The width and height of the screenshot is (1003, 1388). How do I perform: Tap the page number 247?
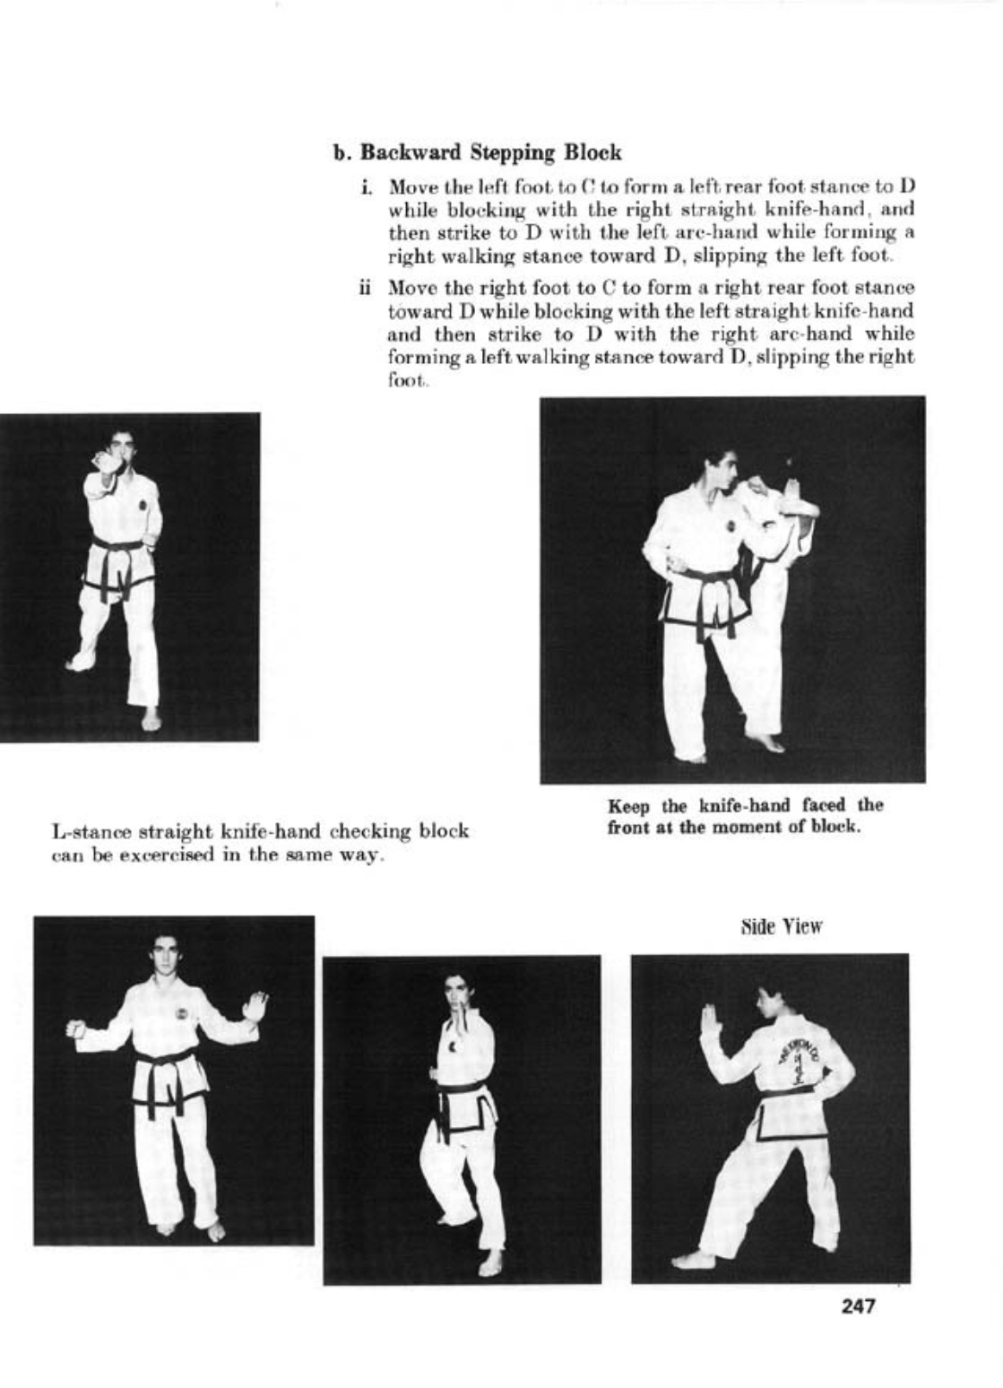[858, 1306]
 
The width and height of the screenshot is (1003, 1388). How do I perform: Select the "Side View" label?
[781, 926]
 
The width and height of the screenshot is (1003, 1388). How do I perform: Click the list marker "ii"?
[365, 289]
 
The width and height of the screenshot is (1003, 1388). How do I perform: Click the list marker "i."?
[367, 187]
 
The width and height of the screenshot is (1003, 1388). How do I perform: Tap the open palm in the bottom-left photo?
[256, 1006]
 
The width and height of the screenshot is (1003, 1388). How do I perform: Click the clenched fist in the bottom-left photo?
[76, 1028]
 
